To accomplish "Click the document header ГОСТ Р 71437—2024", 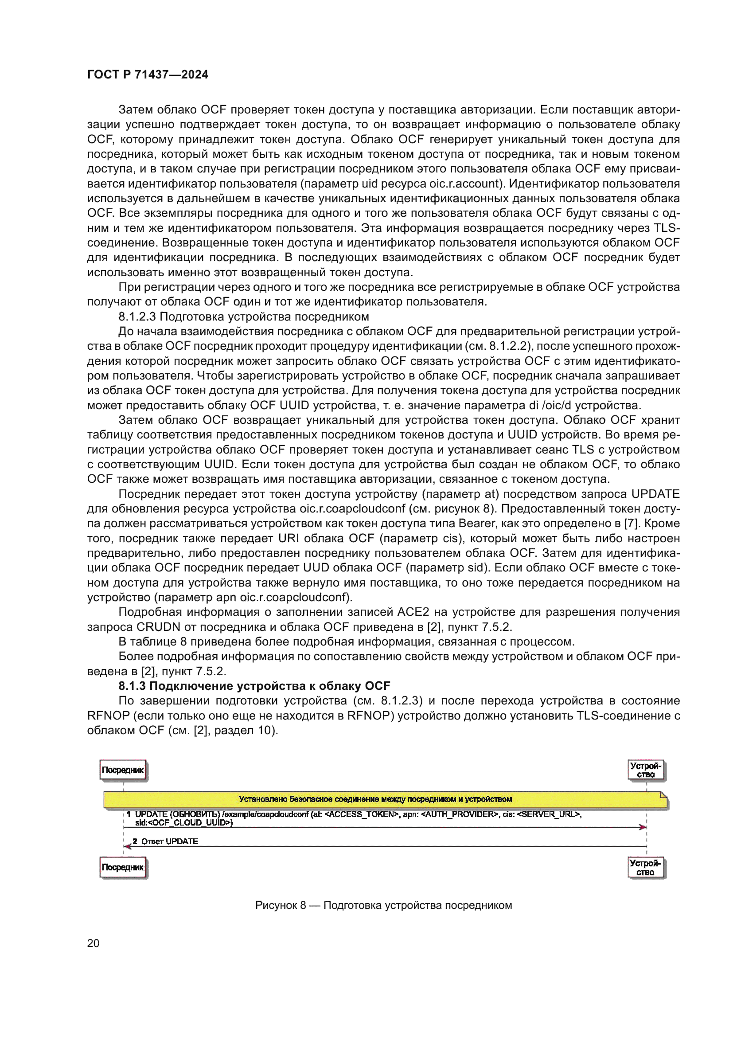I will (x=148, y=74).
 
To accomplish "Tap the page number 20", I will (x=93, y=943).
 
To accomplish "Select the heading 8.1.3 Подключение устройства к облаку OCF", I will (x=254, y=686).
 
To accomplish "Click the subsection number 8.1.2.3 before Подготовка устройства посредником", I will (x=137, y=317).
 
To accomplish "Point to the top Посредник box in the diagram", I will (x=123, y=770).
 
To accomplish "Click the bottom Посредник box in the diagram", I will (x=123, y=868).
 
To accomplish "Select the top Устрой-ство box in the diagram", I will (x=646, y=770).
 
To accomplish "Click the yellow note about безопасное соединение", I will (x=375, y=799).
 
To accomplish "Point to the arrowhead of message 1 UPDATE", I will (x=643, y=827).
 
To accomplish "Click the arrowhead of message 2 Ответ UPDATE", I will (x=128, y=846).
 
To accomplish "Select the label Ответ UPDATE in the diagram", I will (x=170, y=841).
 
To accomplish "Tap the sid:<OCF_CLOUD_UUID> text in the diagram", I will (x=183, y=822).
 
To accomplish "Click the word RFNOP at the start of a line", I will (x=108, y=716).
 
